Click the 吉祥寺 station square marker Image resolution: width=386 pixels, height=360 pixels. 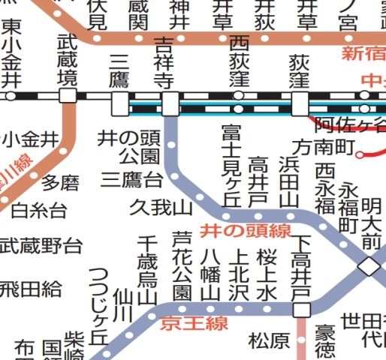click(x=170, y=103)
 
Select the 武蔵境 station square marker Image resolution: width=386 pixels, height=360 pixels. click(x=68, y=96)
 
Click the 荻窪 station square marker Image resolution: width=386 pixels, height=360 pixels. click(x=300, y=103)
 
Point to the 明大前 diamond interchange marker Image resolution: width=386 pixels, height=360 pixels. click(x=369, y=265)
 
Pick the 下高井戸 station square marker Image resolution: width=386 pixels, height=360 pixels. click(x=302, y=310)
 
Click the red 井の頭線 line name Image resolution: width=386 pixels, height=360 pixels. click(x=245, y=229)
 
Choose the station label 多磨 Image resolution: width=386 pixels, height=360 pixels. click(x=60, y=182)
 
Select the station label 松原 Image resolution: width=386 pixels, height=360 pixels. click(x=269, y=341)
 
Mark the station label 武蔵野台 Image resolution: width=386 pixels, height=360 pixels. click(x=41, y=245)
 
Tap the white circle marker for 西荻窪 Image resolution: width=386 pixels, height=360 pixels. click(x=239, y=96)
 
